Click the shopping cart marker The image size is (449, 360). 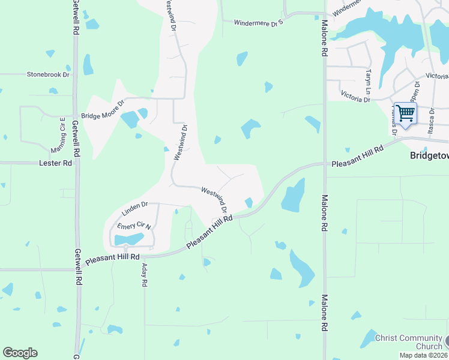pyautogui.click(x=406, y=113)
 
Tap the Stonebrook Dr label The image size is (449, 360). pyautogui.click(x=48, y=75)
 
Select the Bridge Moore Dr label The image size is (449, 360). pyautogui.click(x=102, y=115)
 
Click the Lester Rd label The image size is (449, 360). pyautogui.click(x=55, y=163)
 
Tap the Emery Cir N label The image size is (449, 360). pyautogui.click(x=133, y=226)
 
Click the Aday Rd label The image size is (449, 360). pyautogui.click(x=145, y=277)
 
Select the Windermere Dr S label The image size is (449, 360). pyautogui.click(x=258, y=23)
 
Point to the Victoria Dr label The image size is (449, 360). pyautogui.click(x=355, y=97)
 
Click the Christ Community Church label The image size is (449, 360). pyautogui.click(x=408, y=342)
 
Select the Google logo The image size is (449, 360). pyautogui.click(x=20, y=353)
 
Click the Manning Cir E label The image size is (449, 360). pyautogui.click(x=62, y=136)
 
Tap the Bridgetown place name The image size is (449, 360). pyautogui.click(x=429, y=155)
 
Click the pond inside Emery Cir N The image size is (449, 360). pyautogui.click(x=129, y=240)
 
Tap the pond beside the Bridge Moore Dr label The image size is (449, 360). pyautogui.click(x=130, y=119)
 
